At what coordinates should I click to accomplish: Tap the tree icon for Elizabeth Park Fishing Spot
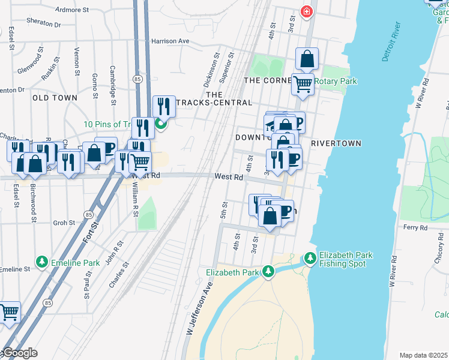(310, 258)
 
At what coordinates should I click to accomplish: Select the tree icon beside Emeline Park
(41, 262)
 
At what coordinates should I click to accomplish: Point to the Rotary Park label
(337, 81)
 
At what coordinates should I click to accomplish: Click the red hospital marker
(307, 11)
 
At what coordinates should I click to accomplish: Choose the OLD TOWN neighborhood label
(55, 98)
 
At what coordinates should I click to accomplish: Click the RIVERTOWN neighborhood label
(336, 143)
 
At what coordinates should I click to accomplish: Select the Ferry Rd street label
(415, 228)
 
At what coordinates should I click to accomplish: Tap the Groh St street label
(63, 222)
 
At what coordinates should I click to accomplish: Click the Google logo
(19, 353)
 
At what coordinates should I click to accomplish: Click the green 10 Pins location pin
(160, 124)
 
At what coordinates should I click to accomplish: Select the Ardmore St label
(71, 10)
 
